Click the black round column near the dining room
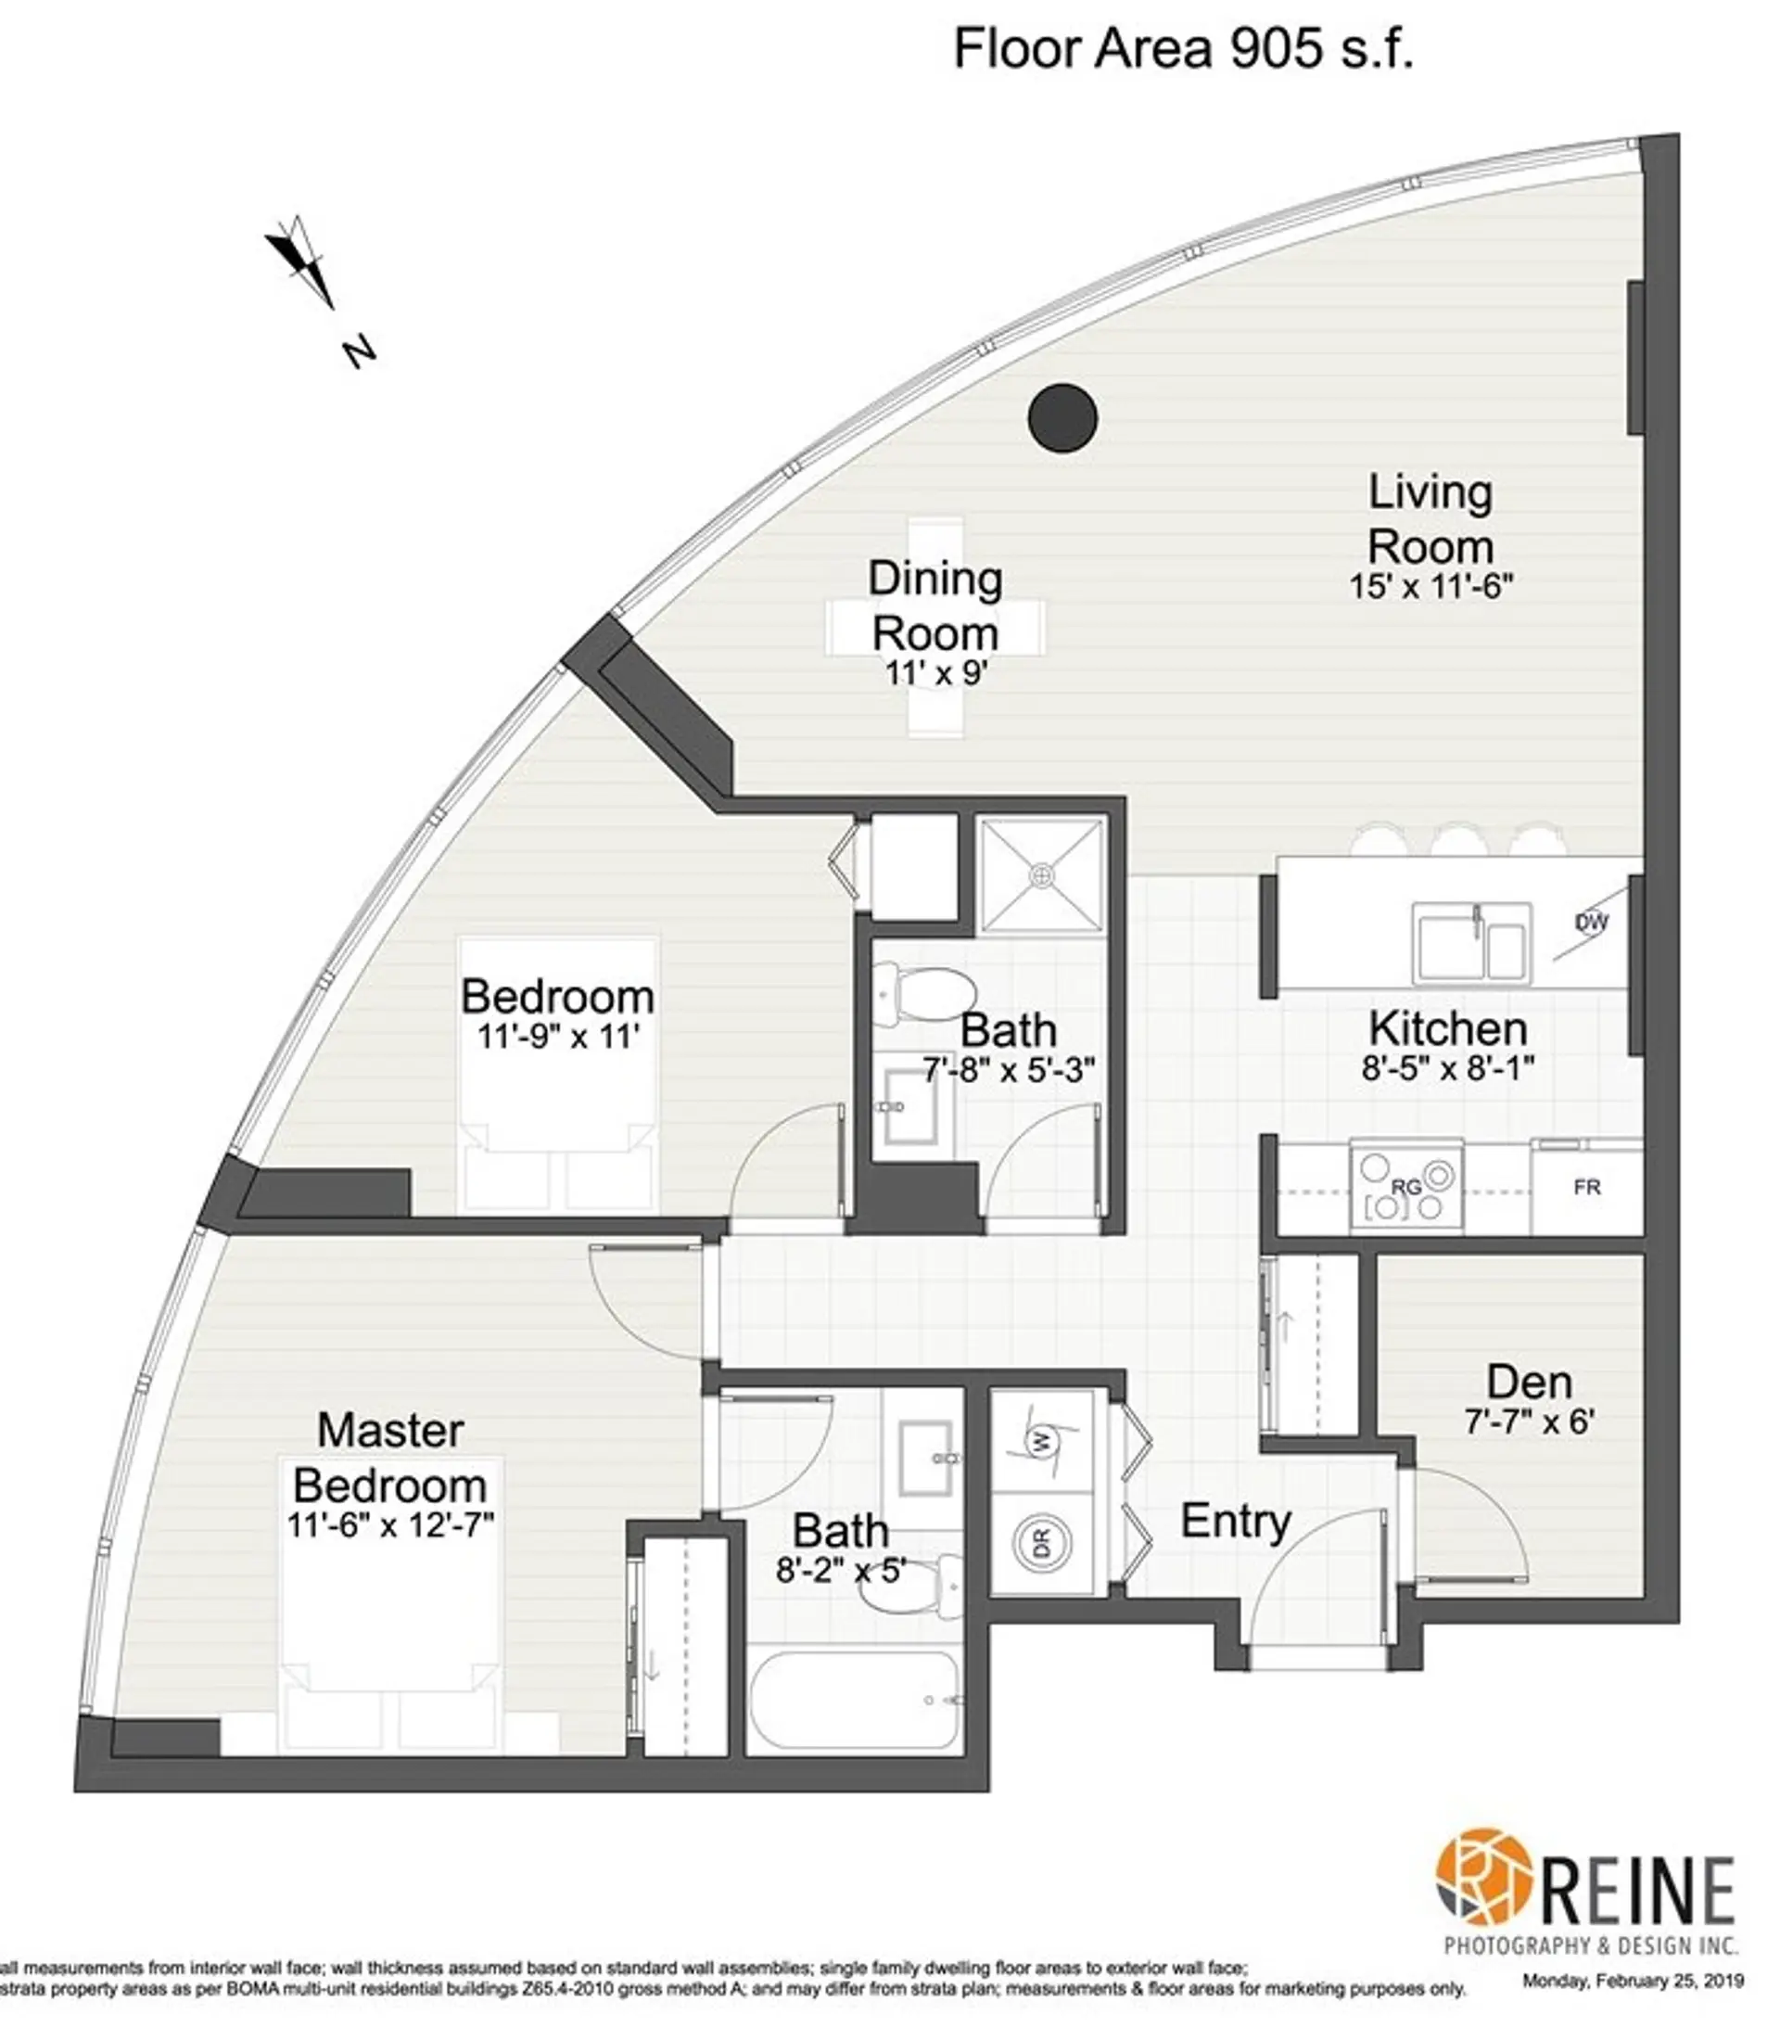[x=1062, y=417]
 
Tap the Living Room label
[x=1430, y=519]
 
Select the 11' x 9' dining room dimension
[x=934, y=673]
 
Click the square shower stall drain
[x=1041, y=874]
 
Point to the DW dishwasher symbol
[x=1591, y=924]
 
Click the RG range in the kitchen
[x=1406, y=1185]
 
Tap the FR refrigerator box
[x=1586, y=1186]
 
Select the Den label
[x=1529, y=1383]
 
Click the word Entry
[x=1236, y=1522]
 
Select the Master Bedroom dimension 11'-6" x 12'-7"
[x=389, y=1524]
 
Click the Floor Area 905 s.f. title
[x=1183, y=47]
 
